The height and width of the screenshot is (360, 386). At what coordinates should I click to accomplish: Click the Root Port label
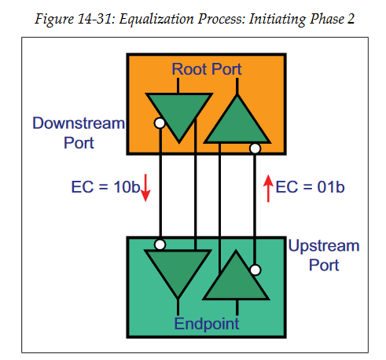(207, 70)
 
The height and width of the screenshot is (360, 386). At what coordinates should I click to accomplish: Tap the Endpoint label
(207, 322)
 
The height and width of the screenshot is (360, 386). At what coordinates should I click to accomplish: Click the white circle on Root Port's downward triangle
(160, 123)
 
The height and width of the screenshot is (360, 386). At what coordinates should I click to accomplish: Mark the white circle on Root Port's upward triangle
(255, 147)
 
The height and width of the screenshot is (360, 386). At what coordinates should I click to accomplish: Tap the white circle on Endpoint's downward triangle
(160, 244)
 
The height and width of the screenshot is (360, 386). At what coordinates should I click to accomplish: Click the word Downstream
(79, 123)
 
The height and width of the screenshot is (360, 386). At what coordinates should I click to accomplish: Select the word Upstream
(323, 246)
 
